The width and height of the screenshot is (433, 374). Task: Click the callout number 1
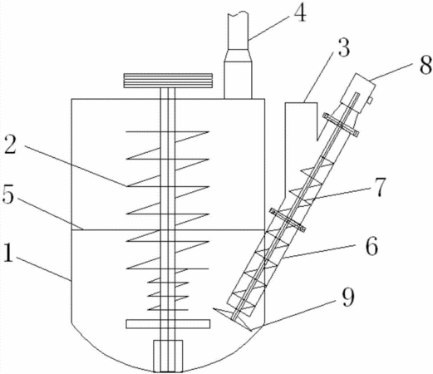[8, 252]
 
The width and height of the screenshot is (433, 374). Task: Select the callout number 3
[343, 48]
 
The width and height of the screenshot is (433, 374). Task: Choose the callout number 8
[426, 64]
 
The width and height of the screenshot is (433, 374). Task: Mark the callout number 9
[347, 298]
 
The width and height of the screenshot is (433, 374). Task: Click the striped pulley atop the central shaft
[168, 81]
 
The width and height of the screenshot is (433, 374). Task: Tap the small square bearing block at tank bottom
[168, 356]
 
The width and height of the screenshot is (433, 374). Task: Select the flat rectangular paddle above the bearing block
[168, 324]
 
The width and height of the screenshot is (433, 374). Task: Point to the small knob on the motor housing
[370, 101]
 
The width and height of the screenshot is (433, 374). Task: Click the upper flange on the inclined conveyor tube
[341, 125]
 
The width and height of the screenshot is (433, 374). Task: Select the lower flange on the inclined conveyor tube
[288, 220]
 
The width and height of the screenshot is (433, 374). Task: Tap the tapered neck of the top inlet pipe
[238, 55]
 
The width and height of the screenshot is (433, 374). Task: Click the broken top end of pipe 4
[238, 13]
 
